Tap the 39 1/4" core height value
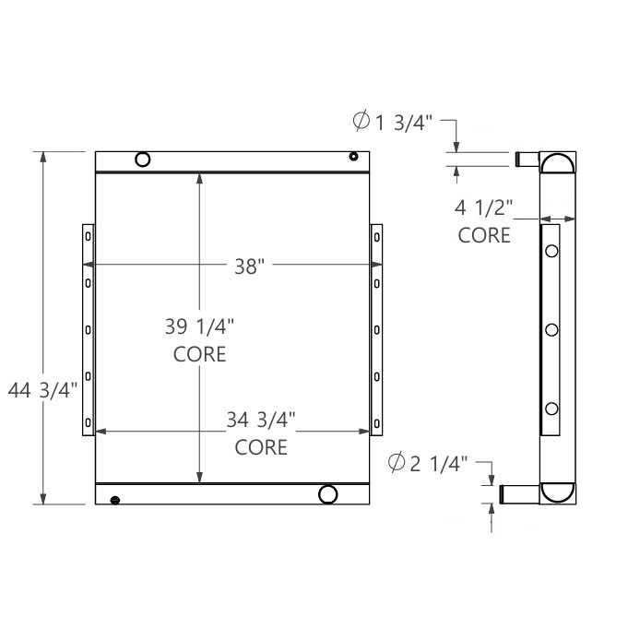coord(200,326)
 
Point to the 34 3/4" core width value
coord(261,421)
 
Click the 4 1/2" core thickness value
coord(483,207)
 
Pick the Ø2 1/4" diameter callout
coord(429,463)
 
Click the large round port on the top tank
coord(142,160)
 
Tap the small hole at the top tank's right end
coord(353,157)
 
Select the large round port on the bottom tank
coord(327,494)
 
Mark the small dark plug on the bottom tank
coord(114,500)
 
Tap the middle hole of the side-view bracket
coord(551,329)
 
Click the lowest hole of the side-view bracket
coord(551,409)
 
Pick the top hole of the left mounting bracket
coord(89,236)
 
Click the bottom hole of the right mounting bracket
coord(377,422)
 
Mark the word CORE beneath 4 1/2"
coord(484,235)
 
